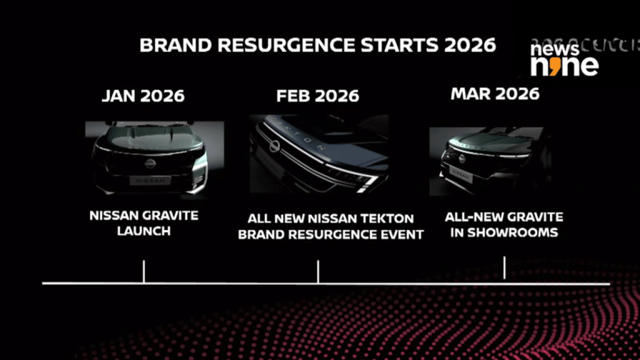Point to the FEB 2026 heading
point(317,96)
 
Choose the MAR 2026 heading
point(495,94)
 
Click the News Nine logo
point(564,58)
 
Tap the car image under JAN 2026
point(154,157)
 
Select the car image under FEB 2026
point(319,154)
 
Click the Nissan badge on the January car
point(150,164)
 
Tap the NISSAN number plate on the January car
point(150,180)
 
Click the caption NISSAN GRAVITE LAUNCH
point(144,223)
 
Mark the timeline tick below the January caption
point(144,272)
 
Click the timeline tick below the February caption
point(318,272)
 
